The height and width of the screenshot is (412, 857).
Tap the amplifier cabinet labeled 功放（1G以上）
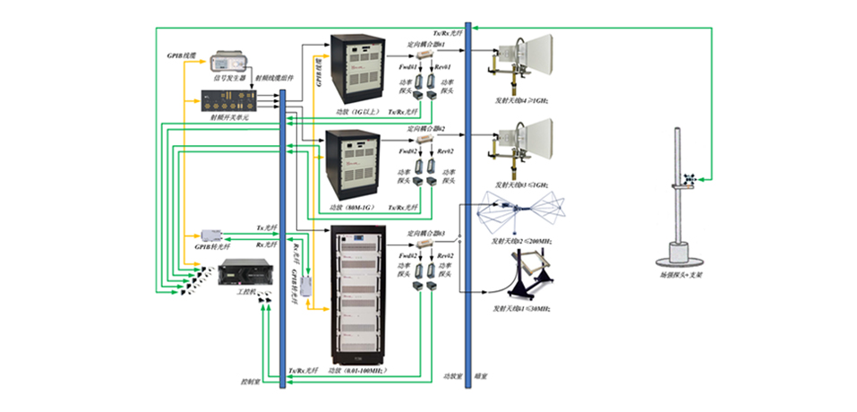[357, 66]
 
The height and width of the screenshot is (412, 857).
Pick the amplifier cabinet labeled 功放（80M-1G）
[356, 163]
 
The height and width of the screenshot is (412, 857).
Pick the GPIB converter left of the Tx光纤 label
[212, 235]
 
